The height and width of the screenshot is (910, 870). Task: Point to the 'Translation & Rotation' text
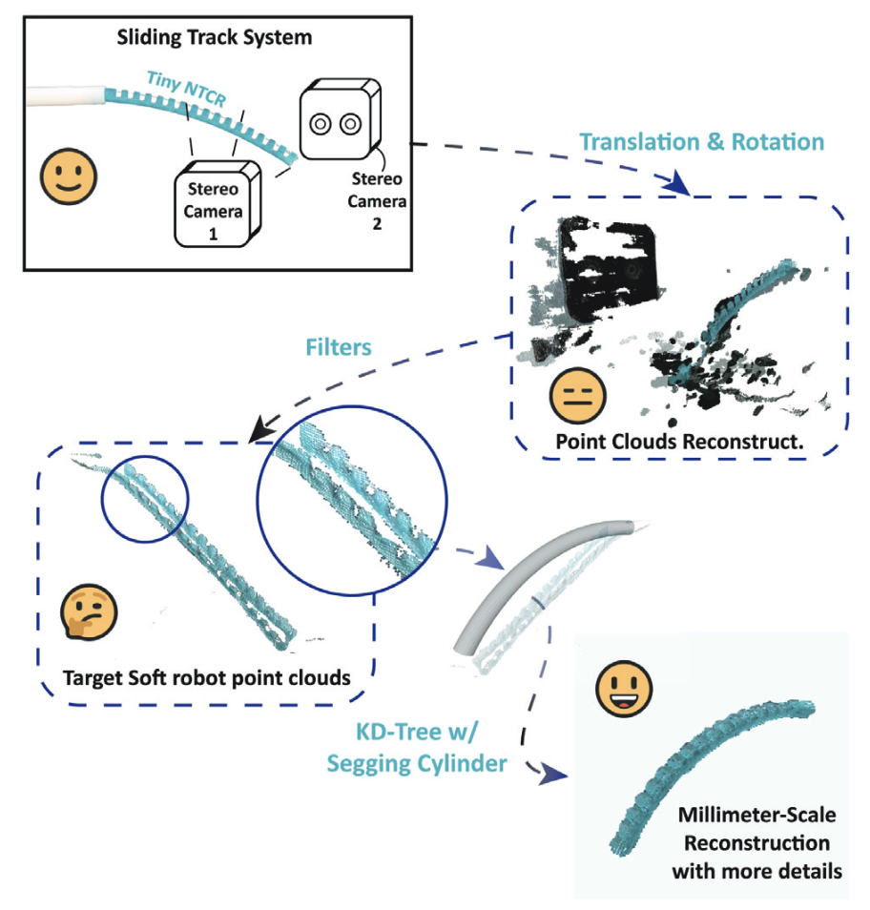tap(702, 142)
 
